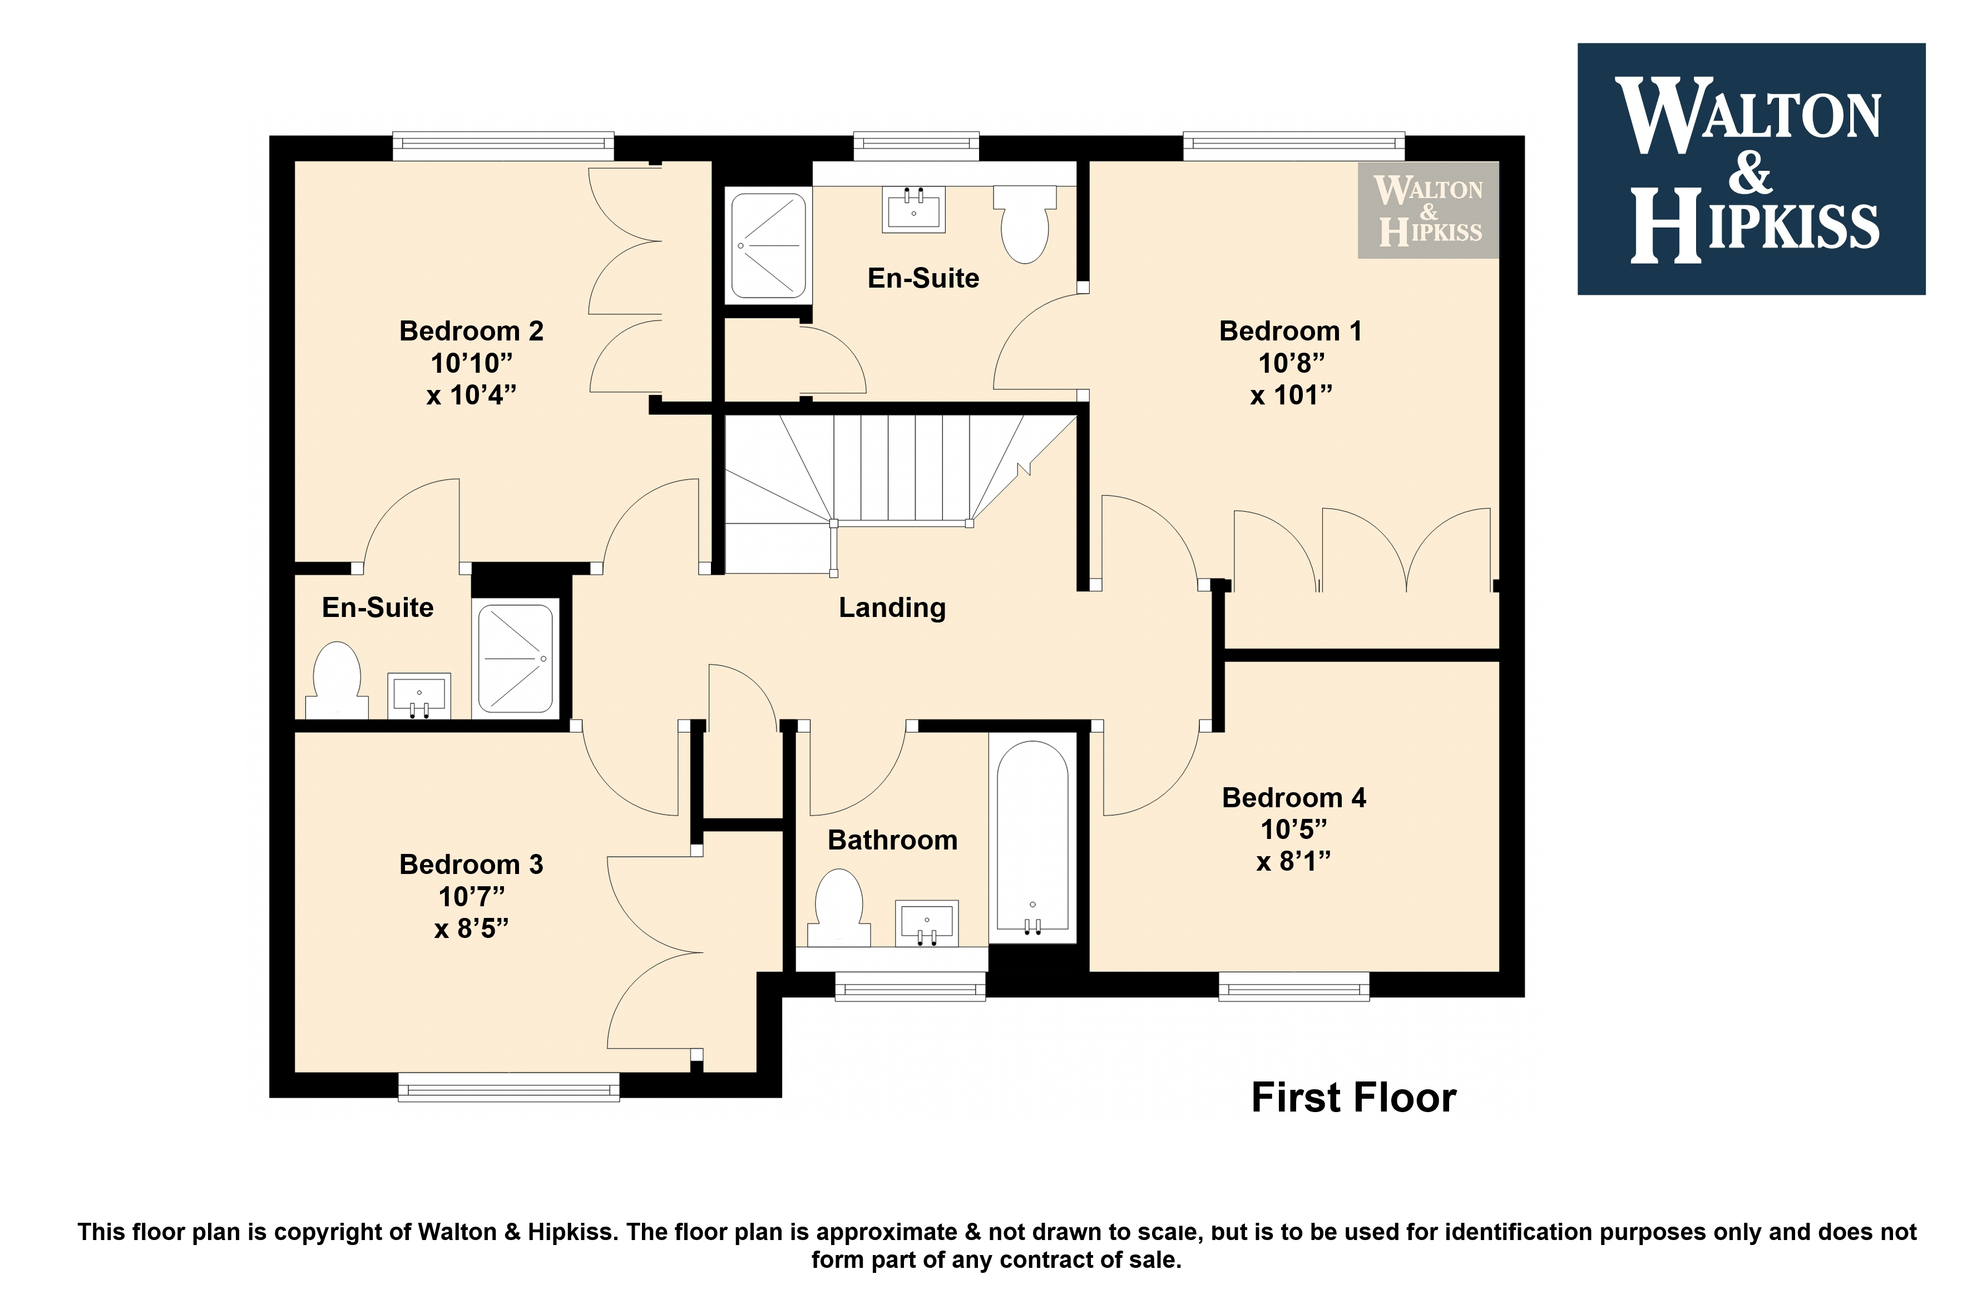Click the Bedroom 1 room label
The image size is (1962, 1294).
1291,331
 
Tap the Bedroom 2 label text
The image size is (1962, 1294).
471,331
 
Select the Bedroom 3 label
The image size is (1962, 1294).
471,864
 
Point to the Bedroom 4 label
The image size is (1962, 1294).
1294,797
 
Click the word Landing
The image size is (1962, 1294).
892,608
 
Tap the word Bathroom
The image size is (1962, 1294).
893,840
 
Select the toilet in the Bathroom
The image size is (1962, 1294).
838,908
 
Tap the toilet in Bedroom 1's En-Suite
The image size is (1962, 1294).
1025,224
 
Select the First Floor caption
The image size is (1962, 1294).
1354,1098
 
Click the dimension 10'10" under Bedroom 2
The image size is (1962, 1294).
471,363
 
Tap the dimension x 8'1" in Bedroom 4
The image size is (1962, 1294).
1294,862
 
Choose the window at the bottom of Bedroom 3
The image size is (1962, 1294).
508,1087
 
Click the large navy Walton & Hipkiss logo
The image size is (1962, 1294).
1752,169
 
